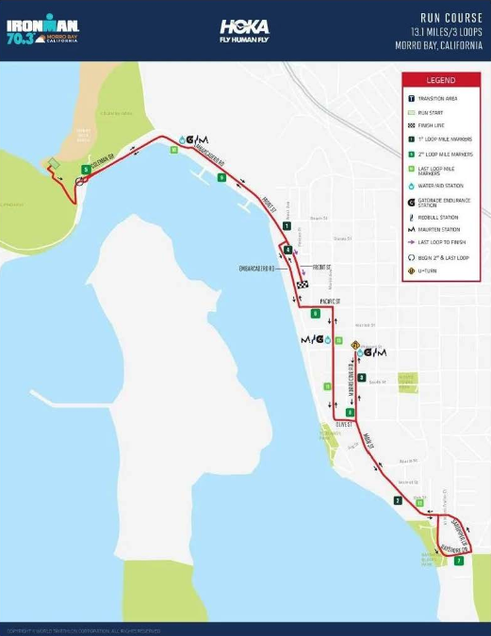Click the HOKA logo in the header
[x=245, y=30]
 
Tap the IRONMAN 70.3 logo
[x=41, y=29]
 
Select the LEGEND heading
[x=440, y=81]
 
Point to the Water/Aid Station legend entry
[x=438, y=186]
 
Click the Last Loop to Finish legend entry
[x=438, y=241]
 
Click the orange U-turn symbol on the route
[x=355, y=345]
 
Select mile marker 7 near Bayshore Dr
[x=459, y=561]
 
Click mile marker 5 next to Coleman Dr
[x=86, y=170]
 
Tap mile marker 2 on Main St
[x=398, y=500]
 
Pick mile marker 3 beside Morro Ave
[x=361, y=377]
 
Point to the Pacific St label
[x=329, y=302]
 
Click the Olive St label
[x=342, y=425]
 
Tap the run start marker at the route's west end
[x=53, y=164]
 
